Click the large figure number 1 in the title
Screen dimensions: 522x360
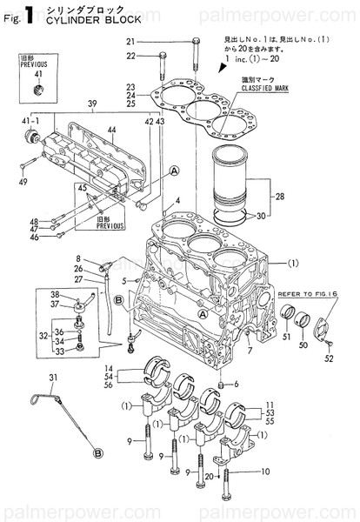(x=30, y=12)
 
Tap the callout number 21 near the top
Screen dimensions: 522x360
(x=130, y=42)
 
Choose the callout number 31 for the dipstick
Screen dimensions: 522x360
(x=52, y=377)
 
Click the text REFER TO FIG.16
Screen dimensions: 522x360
(x=307, y=295)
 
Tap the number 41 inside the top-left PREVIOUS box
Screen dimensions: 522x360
(x=37, y=74)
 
